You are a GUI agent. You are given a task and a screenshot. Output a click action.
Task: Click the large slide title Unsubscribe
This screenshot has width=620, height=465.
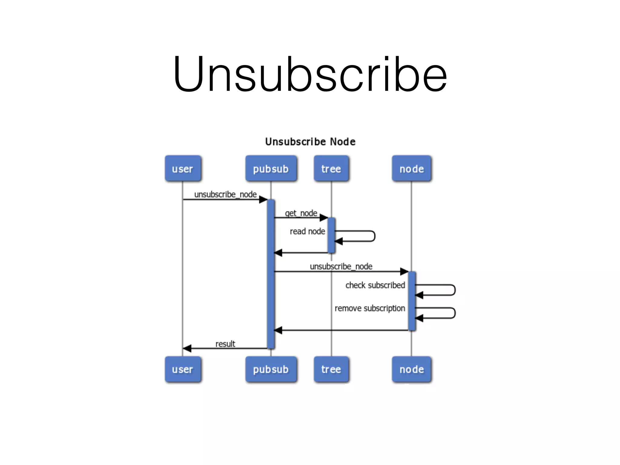(310, 74)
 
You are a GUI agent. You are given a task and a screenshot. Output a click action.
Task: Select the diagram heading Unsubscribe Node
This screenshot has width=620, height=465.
(310, 142)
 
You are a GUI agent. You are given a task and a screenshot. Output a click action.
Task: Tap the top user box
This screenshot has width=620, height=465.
(183, 169)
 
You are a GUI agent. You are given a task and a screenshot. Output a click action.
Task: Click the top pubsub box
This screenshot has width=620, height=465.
(271, 169)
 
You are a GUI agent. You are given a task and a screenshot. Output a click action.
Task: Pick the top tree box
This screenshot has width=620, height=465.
(331, 169)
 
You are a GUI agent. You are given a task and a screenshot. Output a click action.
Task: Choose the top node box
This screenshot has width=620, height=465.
(411, 169)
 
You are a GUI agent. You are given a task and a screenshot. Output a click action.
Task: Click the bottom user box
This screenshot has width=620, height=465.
(183, 369)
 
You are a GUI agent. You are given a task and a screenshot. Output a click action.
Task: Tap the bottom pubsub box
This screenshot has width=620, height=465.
(271, 369)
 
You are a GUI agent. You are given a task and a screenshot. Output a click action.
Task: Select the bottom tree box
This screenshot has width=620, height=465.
(331, 369)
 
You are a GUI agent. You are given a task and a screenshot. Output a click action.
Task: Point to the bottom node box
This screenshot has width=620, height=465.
(411, 369)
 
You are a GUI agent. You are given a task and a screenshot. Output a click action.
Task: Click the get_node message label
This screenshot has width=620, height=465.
(301, 213)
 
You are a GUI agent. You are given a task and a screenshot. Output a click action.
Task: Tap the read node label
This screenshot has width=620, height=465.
(307, 231)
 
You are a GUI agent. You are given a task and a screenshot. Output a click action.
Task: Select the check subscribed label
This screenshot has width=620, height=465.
(375, 285)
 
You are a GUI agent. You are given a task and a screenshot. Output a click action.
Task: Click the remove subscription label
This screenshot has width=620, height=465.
(370, 308)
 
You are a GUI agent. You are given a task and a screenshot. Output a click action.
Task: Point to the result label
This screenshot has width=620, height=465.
(225, 344)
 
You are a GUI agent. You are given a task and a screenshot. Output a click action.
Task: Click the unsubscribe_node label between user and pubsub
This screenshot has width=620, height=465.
(225, 194)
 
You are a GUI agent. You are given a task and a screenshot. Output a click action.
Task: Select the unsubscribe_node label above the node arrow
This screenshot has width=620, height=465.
(341, 266)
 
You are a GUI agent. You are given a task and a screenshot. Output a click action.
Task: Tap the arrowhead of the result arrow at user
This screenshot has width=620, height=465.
(187, 348)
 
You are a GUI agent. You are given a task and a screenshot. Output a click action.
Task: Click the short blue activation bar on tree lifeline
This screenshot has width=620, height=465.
(331, 235)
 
